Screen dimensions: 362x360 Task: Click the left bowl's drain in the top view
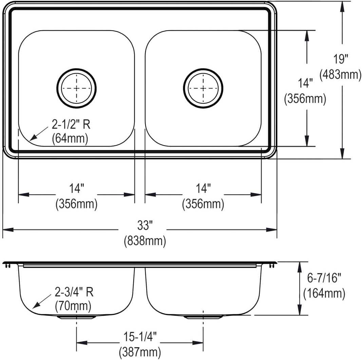pyautogui.click(x=76, y=88)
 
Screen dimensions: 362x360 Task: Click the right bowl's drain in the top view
pyautogui.click(x=203, y=88)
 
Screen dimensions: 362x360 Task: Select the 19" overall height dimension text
pyautogui.click(x=340, y=59)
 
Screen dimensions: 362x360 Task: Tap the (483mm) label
pyautogui.click(x=340, y=75)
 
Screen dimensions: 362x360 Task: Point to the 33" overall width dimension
pyautogui.click(x=145, y=225)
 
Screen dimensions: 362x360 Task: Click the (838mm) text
pyautogui.click(x=145, y=241)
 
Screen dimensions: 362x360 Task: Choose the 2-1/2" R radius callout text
pyautogui.click(x=71, y=125)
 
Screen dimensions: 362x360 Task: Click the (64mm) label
pyautogui.click(x=70, y=139)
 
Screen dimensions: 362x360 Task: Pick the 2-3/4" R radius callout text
pyautogui.click(x=74, y=292)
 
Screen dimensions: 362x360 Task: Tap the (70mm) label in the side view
pyautogui.click(x=73, y=306)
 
